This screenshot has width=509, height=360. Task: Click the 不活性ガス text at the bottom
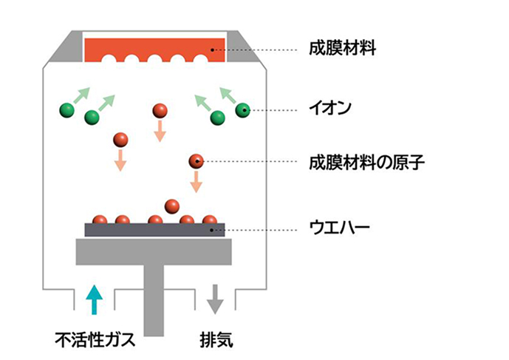coord(95,341)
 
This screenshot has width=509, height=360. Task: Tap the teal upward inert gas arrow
coord(93,299)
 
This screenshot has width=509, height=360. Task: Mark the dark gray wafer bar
coord(155,230)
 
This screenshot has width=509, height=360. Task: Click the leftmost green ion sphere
coord(67,110)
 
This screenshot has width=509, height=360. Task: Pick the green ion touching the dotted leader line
coord(243,110)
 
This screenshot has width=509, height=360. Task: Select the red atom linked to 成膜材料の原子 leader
coord(196,160)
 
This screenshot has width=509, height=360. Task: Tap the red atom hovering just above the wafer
coord(172,205)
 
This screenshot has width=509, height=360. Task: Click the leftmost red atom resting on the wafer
coord(99,220)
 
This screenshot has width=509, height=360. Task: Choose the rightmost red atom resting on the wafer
coord(210,220)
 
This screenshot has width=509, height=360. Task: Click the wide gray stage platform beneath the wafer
coord(154,251)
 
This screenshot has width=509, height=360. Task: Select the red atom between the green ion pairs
coord(160,111)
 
